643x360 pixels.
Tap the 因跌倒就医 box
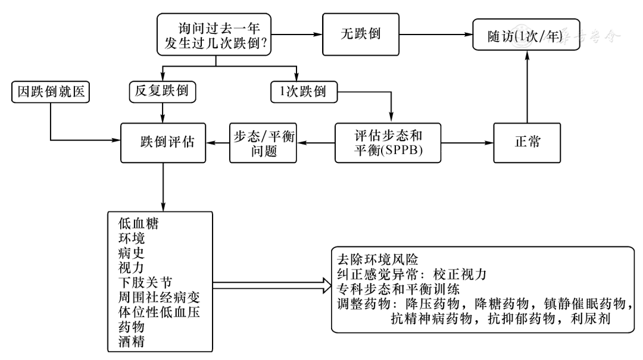click(x=49, y=92)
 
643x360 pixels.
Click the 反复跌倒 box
click(x=162, y=92)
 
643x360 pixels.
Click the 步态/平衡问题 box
click(x=264, y=142)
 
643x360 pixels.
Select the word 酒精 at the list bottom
click(x=131, y=342)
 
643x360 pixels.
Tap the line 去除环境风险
click(x=377, y=260)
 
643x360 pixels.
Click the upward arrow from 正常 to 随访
click(x=527, y=89)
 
